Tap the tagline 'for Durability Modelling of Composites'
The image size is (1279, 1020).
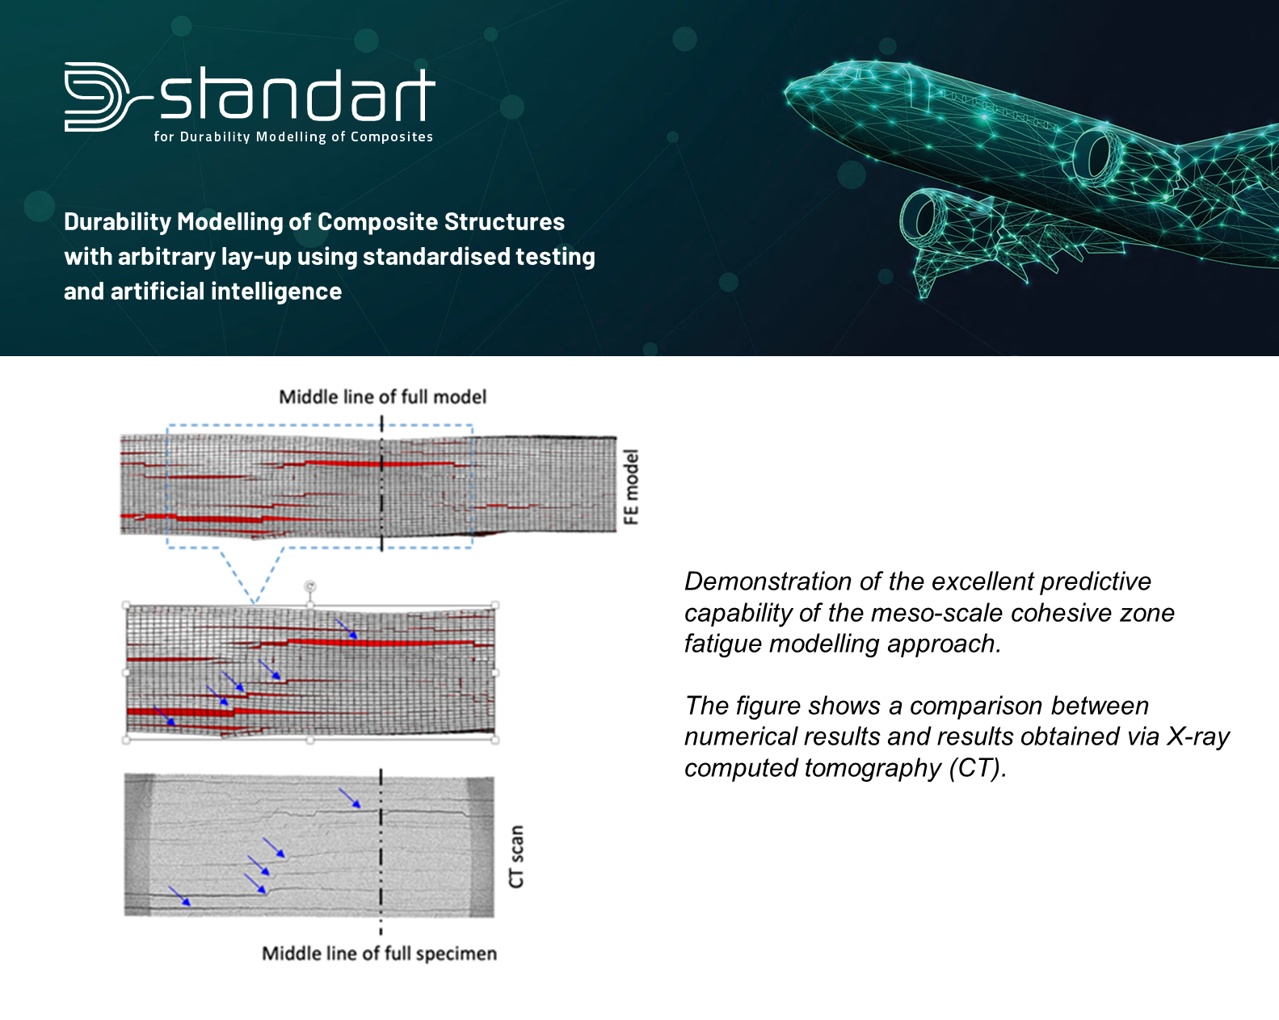point(293,137)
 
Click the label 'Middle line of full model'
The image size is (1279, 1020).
point(383,397)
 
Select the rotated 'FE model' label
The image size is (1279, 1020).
point(630,487)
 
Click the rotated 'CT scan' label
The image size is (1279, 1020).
point(515,857)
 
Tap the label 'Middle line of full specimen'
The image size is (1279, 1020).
point(379,954)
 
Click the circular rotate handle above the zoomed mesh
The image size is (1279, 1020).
point(309,587)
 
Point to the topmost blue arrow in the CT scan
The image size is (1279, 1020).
point(350,798)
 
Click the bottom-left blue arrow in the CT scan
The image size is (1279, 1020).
point(179,896)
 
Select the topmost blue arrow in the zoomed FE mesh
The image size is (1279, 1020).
point(347,629)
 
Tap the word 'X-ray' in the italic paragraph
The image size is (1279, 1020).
point(1198,737)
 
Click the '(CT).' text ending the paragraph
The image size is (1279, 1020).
point(978,768)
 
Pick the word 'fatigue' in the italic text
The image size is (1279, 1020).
point(722,644)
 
